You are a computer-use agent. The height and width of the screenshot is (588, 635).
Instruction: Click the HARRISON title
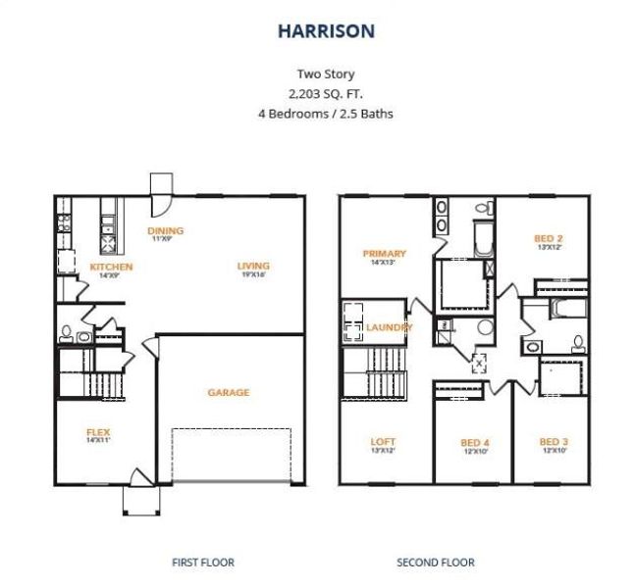tap(326, 31)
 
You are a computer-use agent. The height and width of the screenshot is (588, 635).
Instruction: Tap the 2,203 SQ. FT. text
tap(326, 93)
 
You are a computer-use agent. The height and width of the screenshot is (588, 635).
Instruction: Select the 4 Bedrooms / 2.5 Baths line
tap(326, 113)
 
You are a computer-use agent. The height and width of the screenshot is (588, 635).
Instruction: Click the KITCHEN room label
tap(111, 267)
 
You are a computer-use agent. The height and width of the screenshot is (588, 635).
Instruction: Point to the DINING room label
tap(166, 231)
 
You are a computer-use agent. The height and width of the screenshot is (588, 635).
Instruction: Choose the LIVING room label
tap(253, 266)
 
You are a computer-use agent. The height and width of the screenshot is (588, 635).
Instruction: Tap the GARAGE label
tap(228, 392)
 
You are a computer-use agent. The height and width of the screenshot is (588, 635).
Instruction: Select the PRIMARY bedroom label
tap(384, 254)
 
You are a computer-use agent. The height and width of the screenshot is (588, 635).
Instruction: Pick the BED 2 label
tap(548, 238)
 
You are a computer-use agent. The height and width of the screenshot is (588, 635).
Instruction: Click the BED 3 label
tap(553, 442)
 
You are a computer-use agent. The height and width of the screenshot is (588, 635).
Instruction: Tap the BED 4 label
tap(475, 443)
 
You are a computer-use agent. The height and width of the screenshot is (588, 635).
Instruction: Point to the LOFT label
tap(383, 442)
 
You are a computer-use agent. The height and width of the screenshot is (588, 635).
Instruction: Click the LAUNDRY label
tap(390, 327)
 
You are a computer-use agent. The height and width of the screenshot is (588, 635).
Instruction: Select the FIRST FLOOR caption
tap(203, 563)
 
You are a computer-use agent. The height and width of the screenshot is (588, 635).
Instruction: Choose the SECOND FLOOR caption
tap(436, 563)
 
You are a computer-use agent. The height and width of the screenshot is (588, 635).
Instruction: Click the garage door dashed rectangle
tap(232, 455)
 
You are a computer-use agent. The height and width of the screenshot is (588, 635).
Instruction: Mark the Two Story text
tap(326, 73)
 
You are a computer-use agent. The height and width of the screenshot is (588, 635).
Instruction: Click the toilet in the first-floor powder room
tap(66, 333)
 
